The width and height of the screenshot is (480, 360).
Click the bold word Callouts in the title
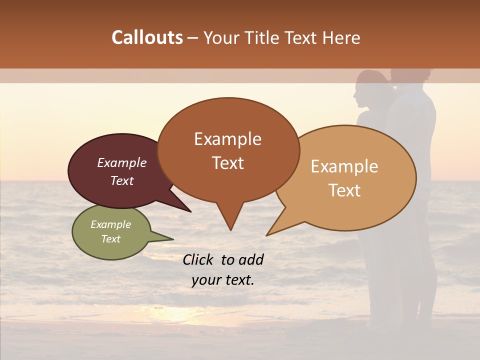(147, 37)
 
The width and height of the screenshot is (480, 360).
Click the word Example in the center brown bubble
(227, 139)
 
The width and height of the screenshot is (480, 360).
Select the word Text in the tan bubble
(344, 190)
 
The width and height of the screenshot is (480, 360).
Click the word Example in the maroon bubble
(121, 162)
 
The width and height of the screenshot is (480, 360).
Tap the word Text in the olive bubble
(110, 239)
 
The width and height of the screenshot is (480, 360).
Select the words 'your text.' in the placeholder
(223, 280)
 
